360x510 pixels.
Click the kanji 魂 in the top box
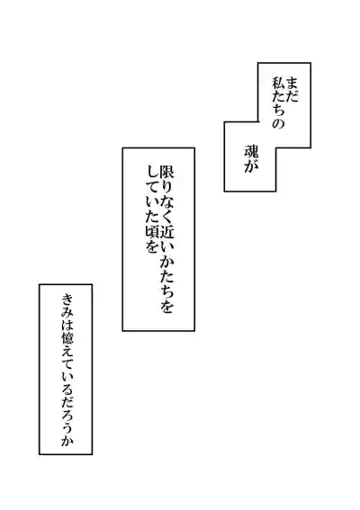(251, 150)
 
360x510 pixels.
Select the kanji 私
(279, 84)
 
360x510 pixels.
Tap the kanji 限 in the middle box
(166, 172)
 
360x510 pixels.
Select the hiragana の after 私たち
(279, 123)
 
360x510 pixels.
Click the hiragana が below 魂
(251, 166)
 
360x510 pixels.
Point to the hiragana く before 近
(166, 217)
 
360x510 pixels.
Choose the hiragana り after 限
(166, 187)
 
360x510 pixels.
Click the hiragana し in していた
(150, 172)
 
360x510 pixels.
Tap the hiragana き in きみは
(67, 300)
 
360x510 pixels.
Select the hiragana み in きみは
(67, 312)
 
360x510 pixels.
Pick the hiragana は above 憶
(67, 326)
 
